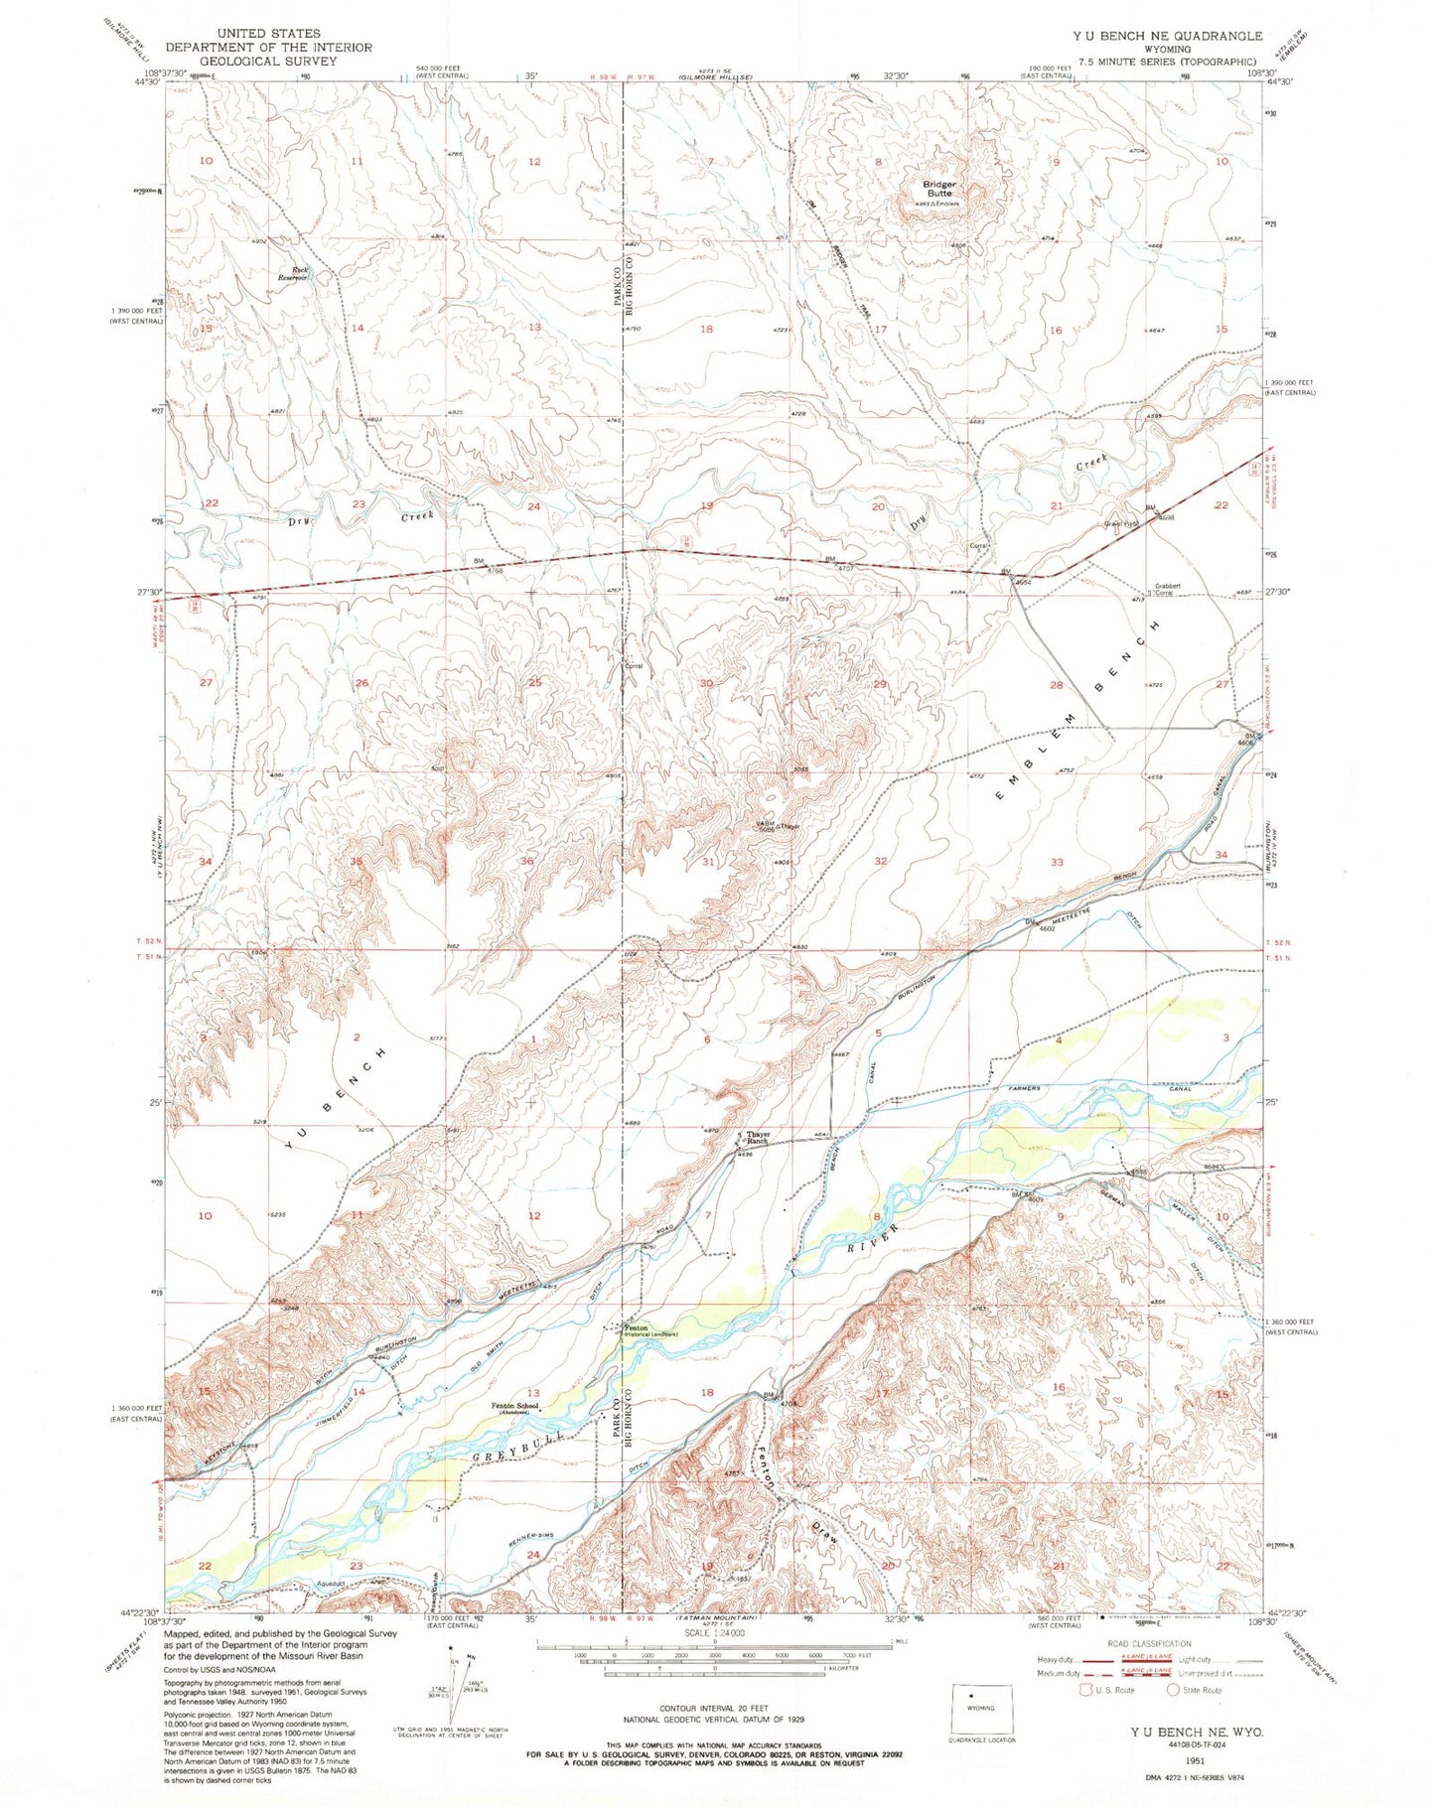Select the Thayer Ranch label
[x=758, y=1137]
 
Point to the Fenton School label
[x=515, y=1407]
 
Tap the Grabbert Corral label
[x=1166, y=589]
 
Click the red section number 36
[x=527, y=861]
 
